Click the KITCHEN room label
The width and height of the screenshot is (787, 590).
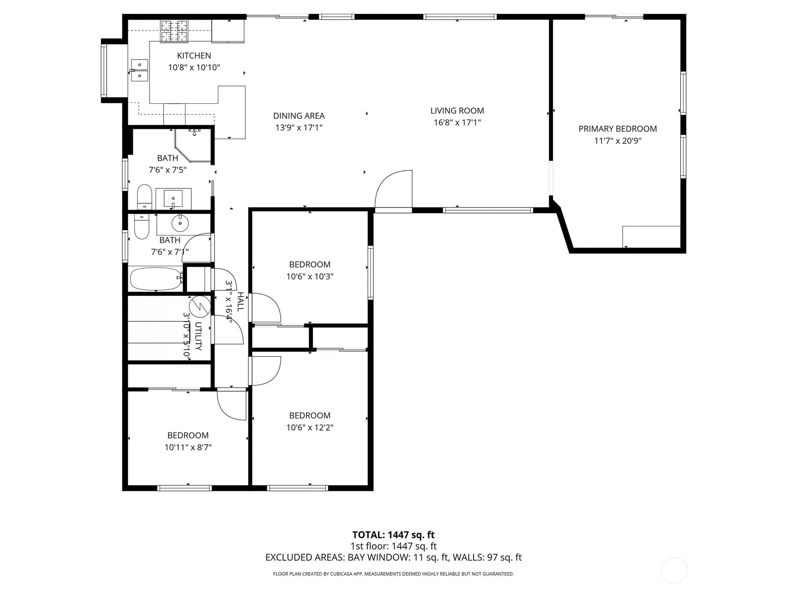194,56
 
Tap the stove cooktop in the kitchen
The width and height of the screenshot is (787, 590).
174,31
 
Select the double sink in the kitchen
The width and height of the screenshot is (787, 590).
140,70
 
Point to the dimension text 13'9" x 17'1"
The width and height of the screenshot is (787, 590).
299,127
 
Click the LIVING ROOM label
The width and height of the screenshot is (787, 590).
457,110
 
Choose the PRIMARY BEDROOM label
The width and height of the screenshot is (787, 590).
617,129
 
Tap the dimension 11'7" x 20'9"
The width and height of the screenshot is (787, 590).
617,141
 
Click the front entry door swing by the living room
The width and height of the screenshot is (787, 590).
393,189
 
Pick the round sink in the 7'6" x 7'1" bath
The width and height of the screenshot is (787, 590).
180,224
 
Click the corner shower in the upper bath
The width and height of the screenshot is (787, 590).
192,145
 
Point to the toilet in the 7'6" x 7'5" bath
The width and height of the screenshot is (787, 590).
145,197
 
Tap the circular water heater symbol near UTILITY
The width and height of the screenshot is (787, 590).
200,306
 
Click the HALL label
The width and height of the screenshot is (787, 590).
241,302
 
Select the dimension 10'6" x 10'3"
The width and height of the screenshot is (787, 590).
310,277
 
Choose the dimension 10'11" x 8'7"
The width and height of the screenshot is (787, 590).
188,447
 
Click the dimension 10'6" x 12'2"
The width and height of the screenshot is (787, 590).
310,428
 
